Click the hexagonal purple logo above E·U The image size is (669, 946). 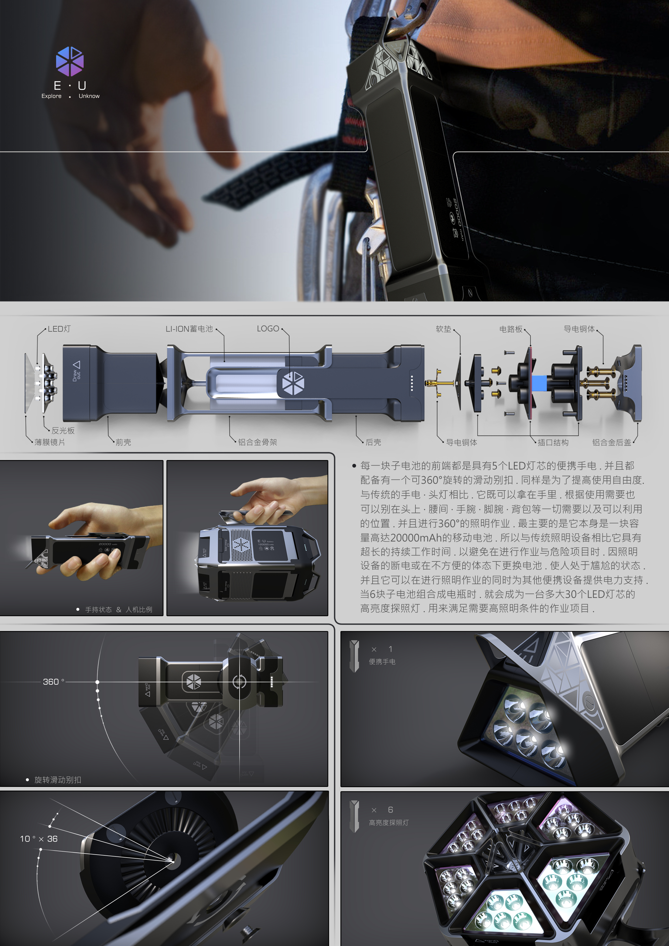[70, 61]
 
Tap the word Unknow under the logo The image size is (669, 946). [89, 96]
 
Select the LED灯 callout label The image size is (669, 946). [59, 329]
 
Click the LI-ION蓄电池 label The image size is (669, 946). [189, 329]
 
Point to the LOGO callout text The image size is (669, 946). [268, 329]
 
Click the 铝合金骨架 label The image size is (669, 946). [258, 442]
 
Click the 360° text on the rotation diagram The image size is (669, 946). [53, 682]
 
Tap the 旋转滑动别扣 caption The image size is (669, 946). [58, 780]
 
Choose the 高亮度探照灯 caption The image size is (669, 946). [389, 823]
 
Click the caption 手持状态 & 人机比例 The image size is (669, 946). [119, 609]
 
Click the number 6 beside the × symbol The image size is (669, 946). [390, 810]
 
